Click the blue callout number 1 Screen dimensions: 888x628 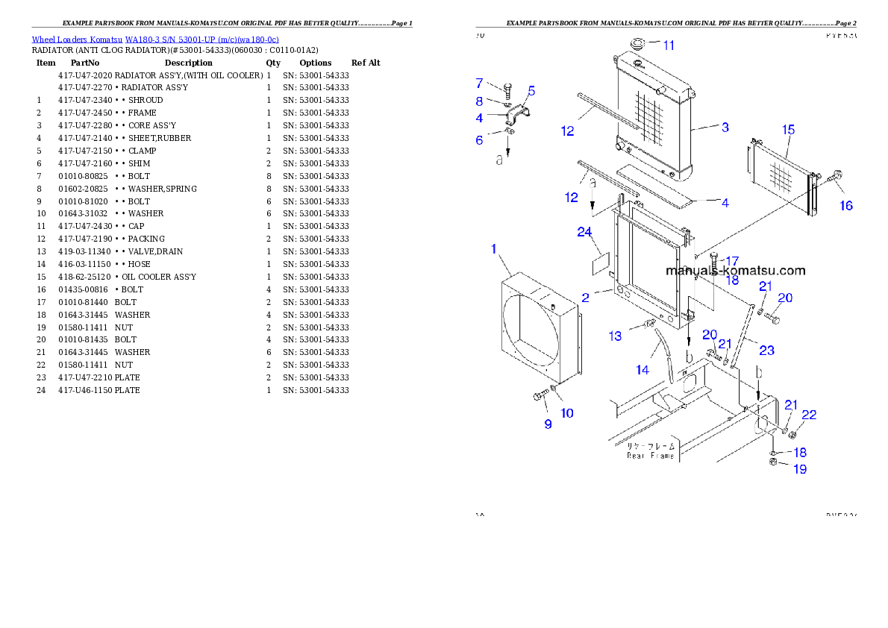(493, 248)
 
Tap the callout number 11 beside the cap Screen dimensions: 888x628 (669, 45)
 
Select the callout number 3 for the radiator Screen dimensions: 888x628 (725, 128)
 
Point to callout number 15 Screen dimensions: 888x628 (788, 131)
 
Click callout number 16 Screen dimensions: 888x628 (845, 206)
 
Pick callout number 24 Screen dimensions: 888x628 (584, 232)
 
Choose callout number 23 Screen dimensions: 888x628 (766, 350)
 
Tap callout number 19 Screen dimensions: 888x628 (799, 469)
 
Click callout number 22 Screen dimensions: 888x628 (809, 415)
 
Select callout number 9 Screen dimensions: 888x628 (548, 424)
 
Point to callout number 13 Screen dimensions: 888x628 (615, 336)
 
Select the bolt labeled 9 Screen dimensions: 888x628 (539, 397)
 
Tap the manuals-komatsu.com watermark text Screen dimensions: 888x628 (735, 271)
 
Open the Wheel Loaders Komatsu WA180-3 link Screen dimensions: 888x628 (155, 40)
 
